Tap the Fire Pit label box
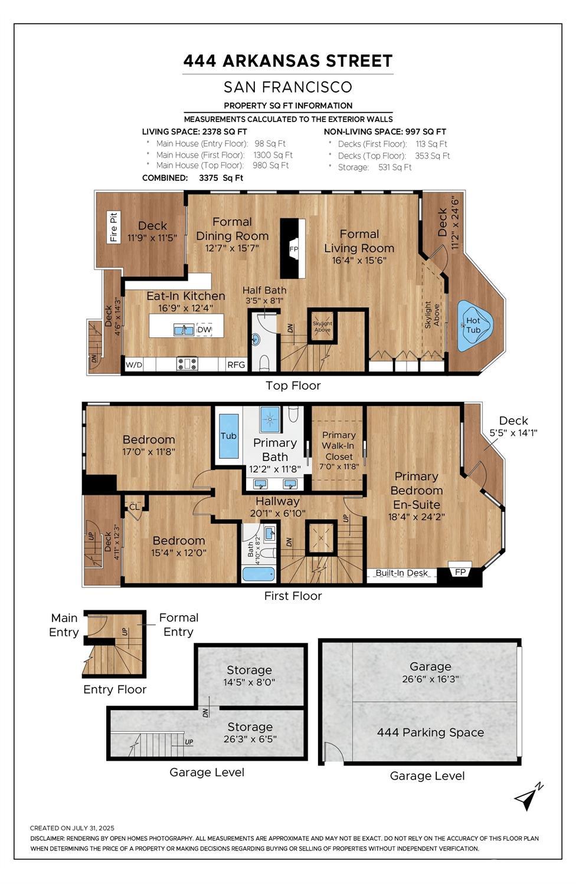tap(114, 227)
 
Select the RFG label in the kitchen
tap(236, 364)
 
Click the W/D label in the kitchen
tap(134, 364)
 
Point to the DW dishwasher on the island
tap(204, 330)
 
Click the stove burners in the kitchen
tap(187, 363)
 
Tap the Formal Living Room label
tap(359, 241)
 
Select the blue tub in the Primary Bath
tap(229, 436)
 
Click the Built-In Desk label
tap(401, 573)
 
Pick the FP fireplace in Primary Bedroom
tap(460, 572)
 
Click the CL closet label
tap(135, 507)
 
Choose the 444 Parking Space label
tap(430, 732)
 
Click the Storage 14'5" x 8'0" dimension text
tap(249, 682)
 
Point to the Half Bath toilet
tap(264, 363)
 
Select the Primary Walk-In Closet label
tap(339, 446)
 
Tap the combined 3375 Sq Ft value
tap(221, 178)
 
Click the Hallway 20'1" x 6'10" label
tap(277, 507)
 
